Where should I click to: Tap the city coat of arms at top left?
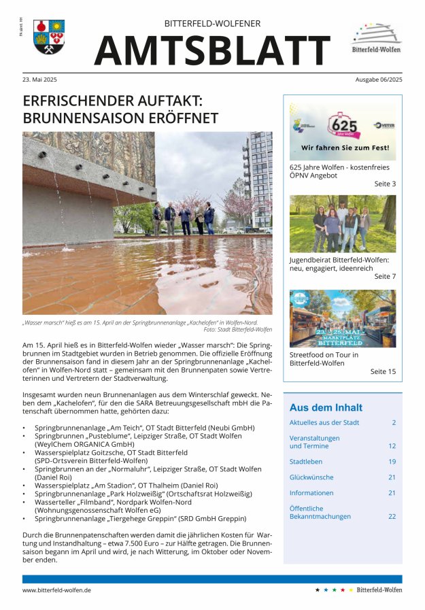tap(48, 37)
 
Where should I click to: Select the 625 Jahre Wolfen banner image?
tap(342, 131)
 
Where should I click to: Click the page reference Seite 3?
tap(384, 184)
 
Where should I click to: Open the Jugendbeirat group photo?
tap(342, 224)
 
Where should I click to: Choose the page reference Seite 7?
tap(384, 277)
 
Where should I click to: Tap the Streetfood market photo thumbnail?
tap(342, 318)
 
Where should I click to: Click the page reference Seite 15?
tap(382, 372)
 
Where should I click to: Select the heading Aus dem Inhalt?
tap(326, 408)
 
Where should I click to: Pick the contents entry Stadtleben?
tap(305, 462)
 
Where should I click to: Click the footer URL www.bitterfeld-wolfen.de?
tap(57, 590)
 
